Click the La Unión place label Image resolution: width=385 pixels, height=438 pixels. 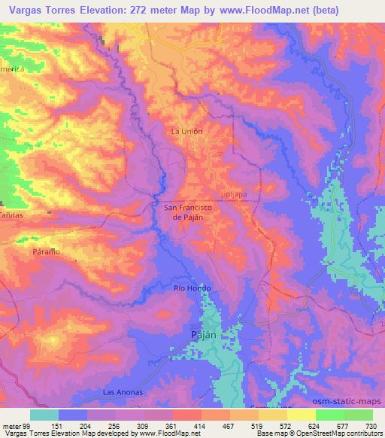click(187, 131)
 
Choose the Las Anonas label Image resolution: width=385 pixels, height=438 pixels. click(121, 393)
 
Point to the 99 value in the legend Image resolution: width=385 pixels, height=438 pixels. click(28, 426)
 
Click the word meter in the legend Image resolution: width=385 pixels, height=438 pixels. click(12, 426)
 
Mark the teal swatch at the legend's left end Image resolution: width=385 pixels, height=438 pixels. click(44, 415)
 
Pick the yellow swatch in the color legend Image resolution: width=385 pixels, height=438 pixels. click(302, 415)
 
